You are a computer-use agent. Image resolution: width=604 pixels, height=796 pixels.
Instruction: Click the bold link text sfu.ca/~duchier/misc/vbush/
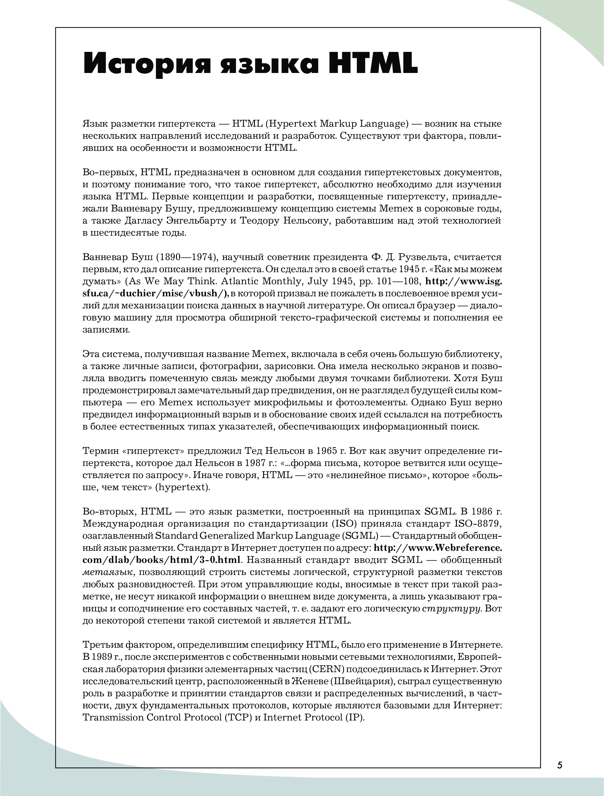[x=155, y=293]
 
